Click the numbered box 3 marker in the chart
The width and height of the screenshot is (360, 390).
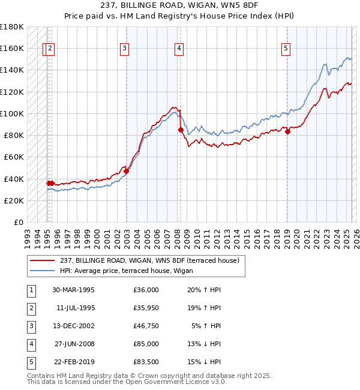point(124,49)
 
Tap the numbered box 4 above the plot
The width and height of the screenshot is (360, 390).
point(179,49)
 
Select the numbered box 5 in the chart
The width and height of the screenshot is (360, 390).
point(286,49)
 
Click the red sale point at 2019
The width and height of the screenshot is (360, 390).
point(287,132)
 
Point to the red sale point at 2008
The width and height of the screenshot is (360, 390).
point(181,130)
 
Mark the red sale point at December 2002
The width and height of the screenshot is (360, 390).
point(126,172)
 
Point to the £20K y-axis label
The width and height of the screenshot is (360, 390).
point(14,200)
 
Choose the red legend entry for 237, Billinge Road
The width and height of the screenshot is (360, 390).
point(149,260)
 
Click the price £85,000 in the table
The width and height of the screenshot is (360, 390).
point(146,344)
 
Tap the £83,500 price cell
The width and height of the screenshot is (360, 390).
point(146,362)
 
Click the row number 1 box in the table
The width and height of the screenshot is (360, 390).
point(29,290)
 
